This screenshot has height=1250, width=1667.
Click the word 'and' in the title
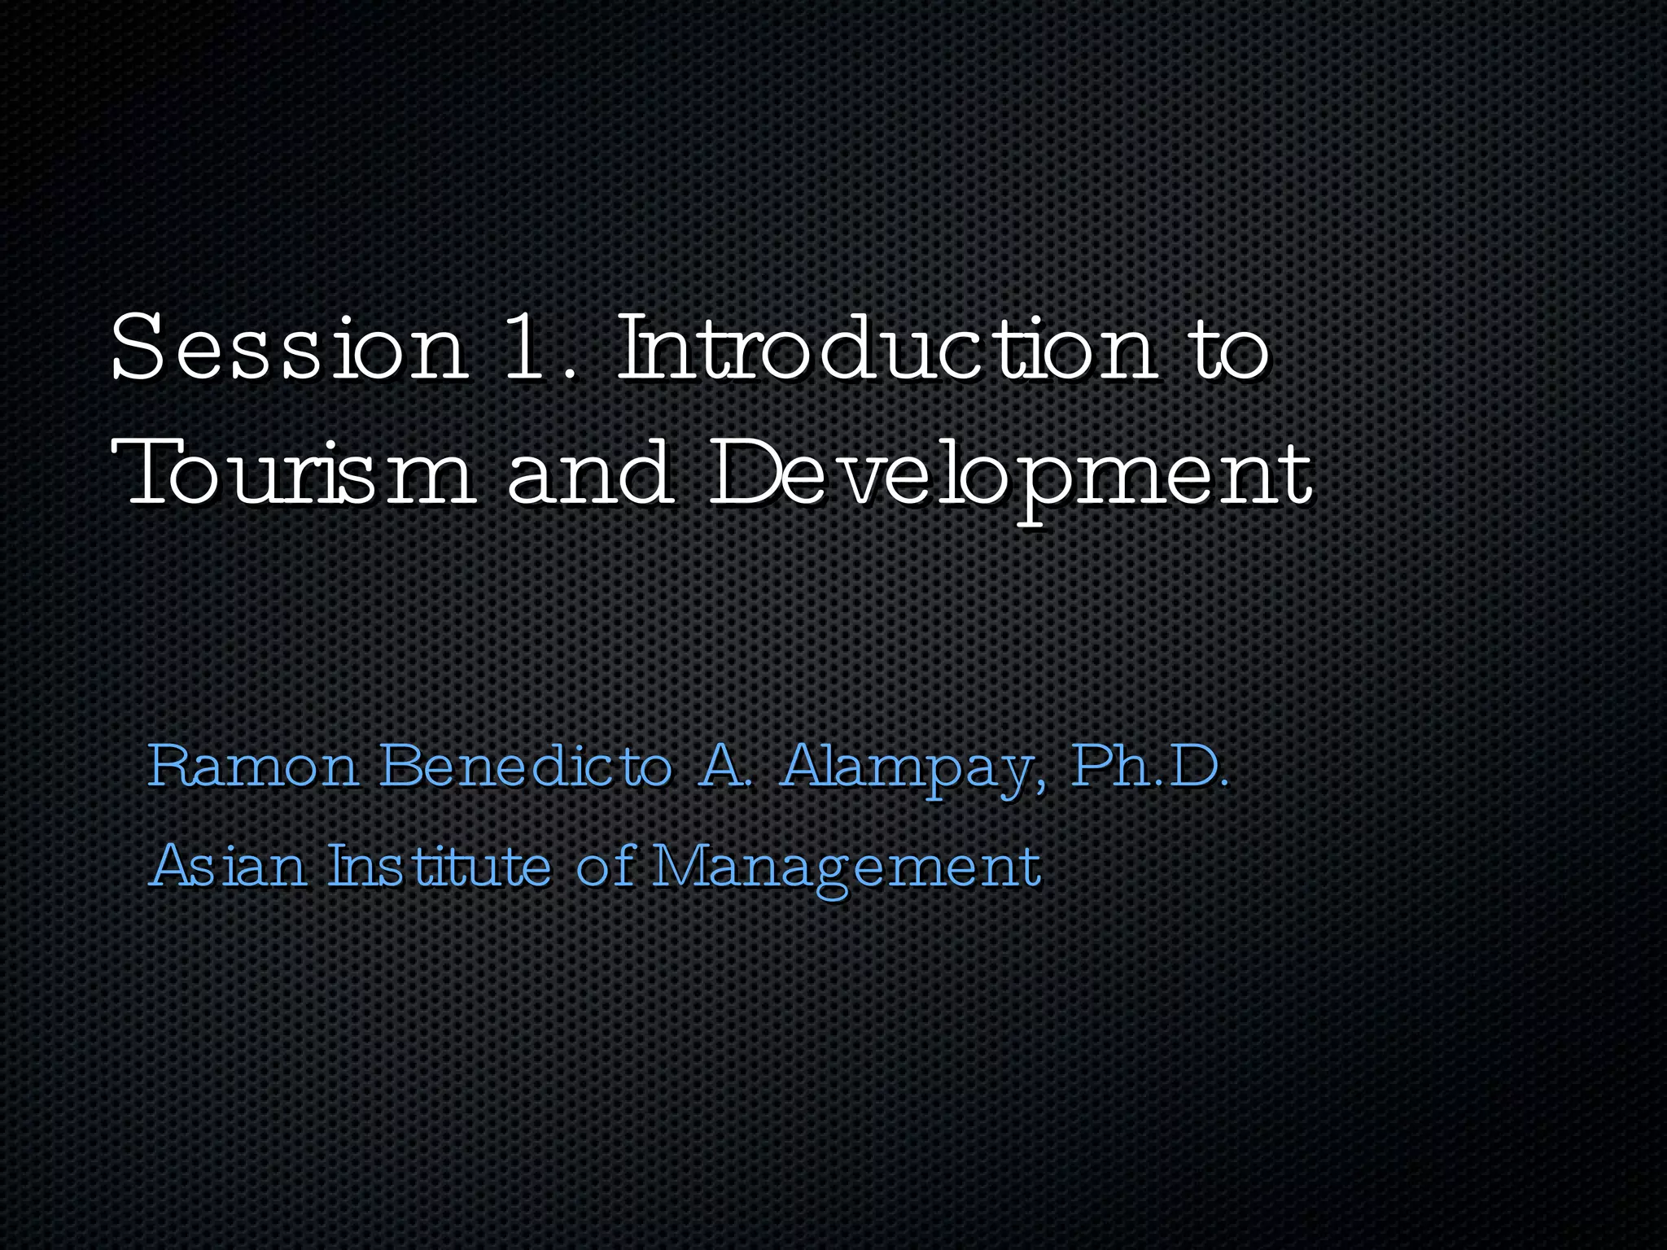click(x=591, y=472)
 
